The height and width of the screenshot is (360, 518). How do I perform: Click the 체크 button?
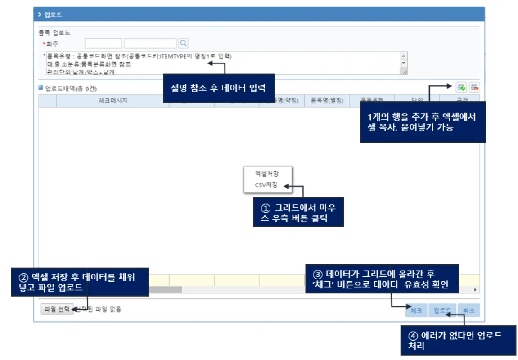416,310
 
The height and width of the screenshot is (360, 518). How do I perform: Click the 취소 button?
469,310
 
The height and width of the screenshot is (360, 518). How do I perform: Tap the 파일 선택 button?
57,309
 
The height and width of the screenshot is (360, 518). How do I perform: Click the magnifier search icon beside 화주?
183,43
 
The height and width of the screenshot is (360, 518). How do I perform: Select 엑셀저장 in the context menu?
267,173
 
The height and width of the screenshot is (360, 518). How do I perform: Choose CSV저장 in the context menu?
266,185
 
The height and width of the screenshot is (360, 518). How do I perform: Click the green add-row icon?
461,87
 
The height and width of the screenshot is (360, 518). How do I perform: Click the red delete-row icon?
474,87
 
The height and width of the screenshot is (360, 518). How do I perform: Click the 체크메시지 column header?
113,101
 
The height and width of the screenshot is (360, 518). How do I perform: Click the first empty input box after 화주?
103,43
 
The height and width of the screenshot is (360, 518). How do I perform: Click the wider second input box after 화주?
150,43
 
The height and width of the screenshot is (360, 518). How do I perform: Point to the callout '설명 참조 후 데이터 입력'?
218,88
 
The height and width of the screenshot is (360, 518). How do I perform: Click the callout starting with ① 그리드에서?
298,212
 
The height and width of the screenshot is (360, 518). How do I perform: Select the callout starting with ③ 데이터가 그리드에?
382,279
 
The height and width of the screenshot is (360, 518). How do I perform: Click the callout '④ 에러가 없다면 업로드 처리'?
458,341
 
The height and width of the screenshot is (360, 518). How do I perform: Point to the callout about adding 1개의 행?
423,122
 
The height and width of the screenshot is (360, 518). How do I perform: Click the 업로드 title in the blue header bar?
53,14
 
